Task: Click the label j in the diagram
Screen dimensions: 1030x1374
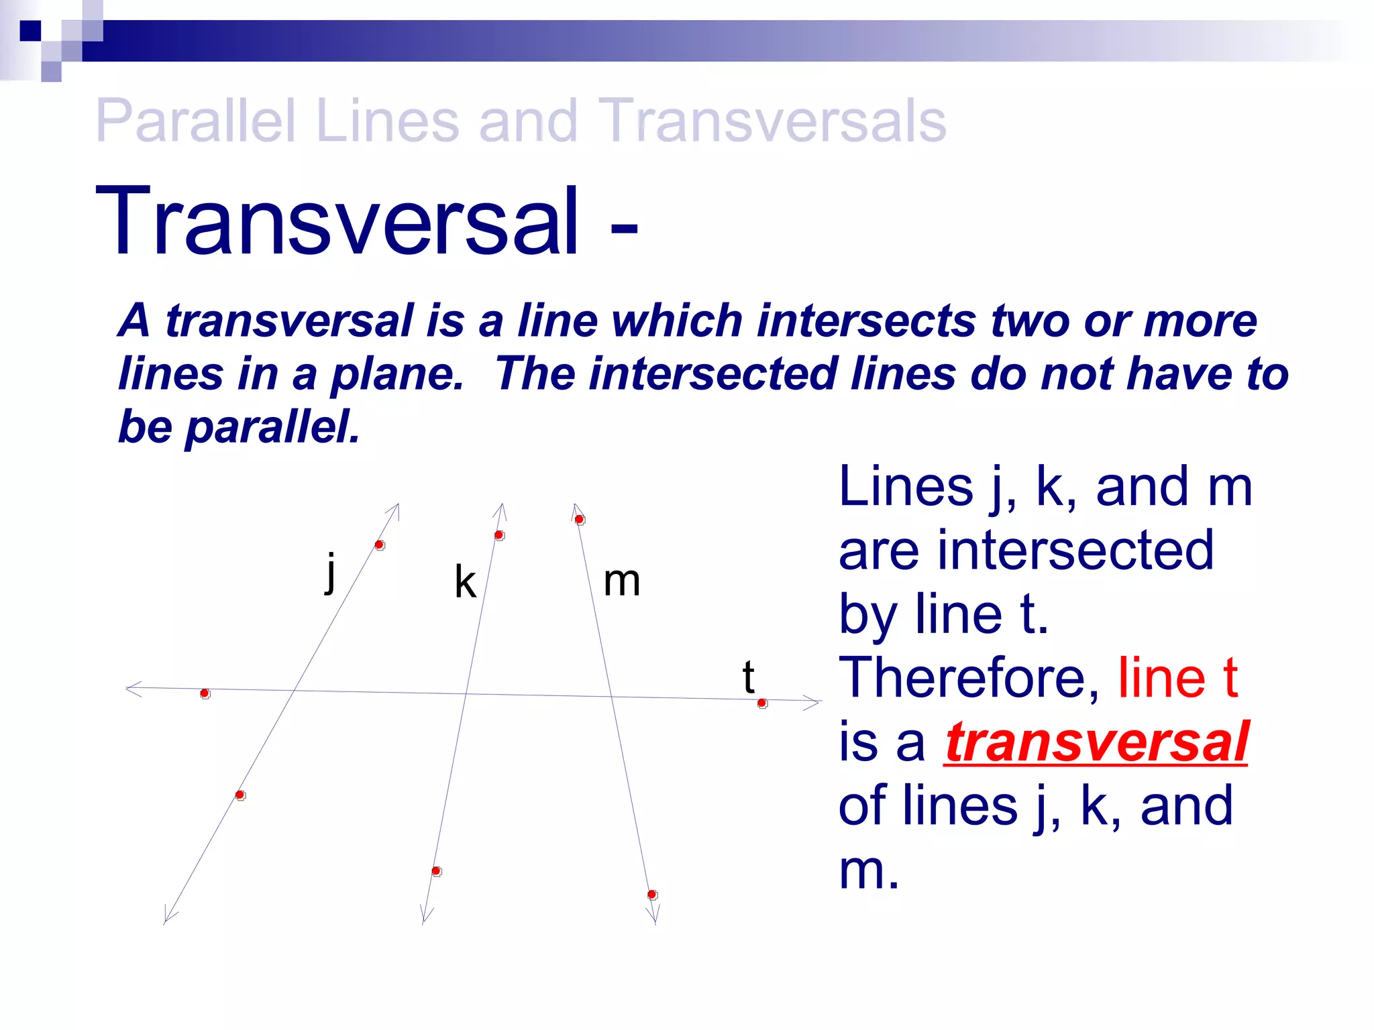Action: pyautogui.click(x=330, y=573)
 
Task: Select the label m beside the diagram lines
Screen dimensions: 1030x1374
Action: pyautogui.click(x=621, y=581)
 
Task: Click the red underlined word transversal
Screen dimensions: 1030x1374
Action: pyautogui.click(x=1096, y=742)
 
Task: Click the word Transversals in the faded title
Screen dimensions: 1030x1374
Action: pyautogui.click(x=772, y=121)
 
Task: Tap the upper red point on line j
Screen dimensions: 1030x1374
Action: pyautogui.click(x=379, y=545)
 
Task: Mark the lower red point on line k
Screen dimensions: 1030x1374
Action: pyautogui.click(x=436, y=871)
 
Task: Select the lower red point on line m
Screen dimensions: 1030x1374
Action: pyautogui.click(x=651, y=895)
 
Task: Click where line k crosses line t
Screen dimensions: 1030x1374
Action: pyautogui.click(x=466, y=694)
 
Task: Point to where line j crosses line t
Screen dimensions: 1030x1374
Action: pyautogui.click(x=294, y=691)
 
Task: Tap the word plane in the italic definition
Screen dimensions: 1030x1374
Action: pyautogui.click(x=397, y=374)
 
